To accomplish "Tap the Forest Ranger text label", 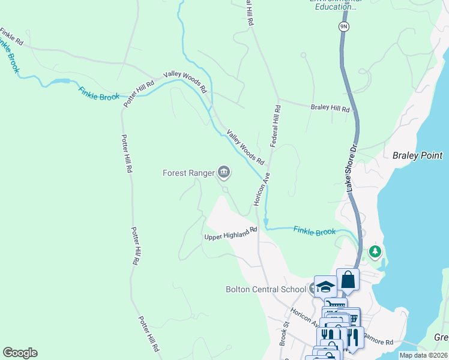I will click(188, 173).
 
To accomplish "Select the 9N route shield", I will click(343, 26).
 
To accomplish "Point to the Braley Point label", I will click(417, 155).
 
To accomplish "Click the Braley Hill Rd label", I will click(330, 109).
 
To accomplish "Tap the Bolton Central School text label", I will click(266, 289).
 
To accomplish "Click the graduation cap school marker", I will click(325, 286).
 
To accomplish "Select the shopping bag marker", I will click(348, 279).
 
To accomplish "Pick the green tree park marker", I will click(376, 251).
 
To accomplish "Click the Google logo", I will click(20, 353).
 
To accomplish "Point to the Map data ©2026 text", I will click(423, 355).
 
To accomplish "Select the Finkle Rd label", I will click(11, 37).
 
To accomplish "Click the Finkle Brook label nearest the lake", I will click(315, 231).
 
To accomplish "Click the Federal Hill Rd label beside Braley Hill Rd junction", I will click(276, 127).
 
